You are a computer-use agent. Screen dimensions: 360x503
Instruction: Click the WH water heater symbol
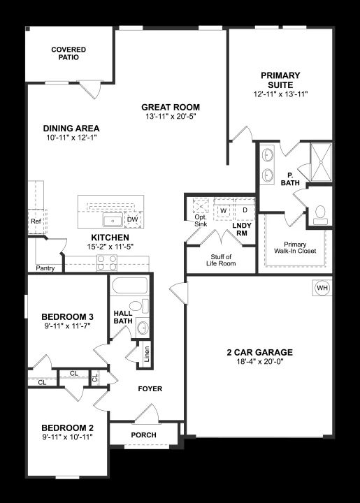[322, 288]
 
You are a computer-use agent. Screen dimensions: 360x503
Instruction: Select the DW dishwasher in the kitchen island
[133, 219]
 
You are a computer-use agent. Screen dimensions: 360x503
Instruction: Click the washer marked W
[224, 211]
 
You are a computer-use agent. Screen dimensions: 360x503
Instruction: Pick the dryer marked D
[245, 210]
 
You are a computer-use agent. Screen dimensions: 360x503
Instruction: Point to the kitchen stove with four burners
[107, 263]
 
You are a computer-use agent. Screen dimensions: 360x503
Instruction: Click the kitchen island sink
[113, 220]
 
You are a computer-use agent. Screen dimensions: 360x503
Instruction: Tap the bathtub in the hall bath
[130, 285]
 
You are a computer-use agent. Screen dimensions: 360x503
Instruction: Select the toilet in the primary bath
[320, 215]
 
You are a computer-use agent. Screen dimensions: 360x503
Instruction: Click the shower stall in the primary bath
[321, 162]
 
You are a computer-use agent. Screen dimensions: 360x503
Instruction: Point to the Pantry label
[45, 268]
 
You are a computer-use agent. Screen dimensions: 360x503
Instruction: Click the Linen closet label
[146, 354]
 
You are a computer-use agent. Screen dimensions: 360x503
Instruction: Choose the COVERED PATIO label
[69, 54]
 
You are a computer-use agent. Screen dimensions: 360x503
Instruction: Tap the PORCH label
[144, 435]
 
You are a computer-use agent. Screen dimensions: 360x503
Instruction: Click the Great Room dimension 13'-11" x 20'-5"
[171, 117]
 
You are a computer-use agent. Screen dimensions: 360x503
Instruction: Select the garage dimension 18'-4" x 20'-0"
[259, 362]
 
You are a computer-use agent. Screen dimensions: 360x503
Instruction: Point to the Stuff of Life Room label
[221, 260]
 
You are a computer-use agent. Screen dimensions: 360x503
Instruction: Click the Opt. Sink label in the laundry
[201, 221]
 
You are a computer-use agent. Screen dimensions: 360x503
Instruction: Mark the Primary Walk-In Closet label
[295, 247]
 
